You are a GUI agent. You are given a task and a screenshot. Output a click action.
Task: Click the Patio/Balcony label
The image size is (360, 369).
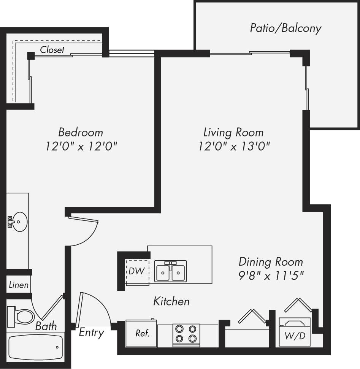pyautogui.click(x=285, y=28)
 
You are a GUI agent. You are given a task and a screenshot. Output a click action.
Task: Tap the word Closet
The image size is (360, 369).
pyautogui.click(x=52, y=49)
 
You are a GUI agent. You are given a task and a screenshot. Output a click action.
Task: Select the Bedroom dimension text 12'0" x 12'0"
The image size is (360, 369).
pyautogui.click(x=80, y=146)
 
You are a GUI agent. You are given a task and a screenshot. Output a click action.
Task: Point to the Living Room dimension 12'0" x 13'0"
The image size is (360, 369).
pyautogui.click(x=234, y=146)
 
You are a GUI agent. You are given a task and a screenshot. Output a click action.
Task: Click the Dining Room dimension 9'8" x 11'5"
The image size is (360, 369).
pyautogui.click(x=271, y=276)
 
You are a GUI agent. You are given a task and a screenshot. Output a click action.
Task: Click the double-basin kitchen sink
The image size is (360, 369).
pyautogui.click(x=170, y=271)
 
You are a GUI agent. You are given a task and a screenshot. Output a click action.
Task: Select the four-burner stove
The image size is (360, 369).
pyautogui.click(x=186, y=334)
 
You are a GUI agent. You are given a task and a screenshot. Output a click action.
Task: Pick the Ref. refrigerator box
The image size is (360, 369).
pyautogui.click(x=142, y=333)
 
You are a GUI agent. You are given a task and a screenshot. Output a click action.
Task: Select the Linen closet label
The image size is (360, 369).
pyautogui.click(x=18, y=285)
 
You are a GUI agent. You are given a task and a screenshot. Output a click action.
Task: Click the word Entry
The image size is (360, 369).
pyautogui.click(x=91, y=333)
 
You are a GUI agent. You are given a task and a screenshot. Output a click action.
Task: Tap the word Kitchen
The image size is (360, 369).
pyautogui.click(x=171, y=301)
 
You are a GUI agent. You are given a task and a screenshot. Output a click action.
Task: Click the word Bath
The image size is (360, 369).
pyautogui.click(x=46, y=326)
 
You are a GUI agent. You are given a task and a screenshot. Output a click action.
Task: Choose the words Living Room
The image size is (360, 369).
pyautogui.click(x=233, y=132)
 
